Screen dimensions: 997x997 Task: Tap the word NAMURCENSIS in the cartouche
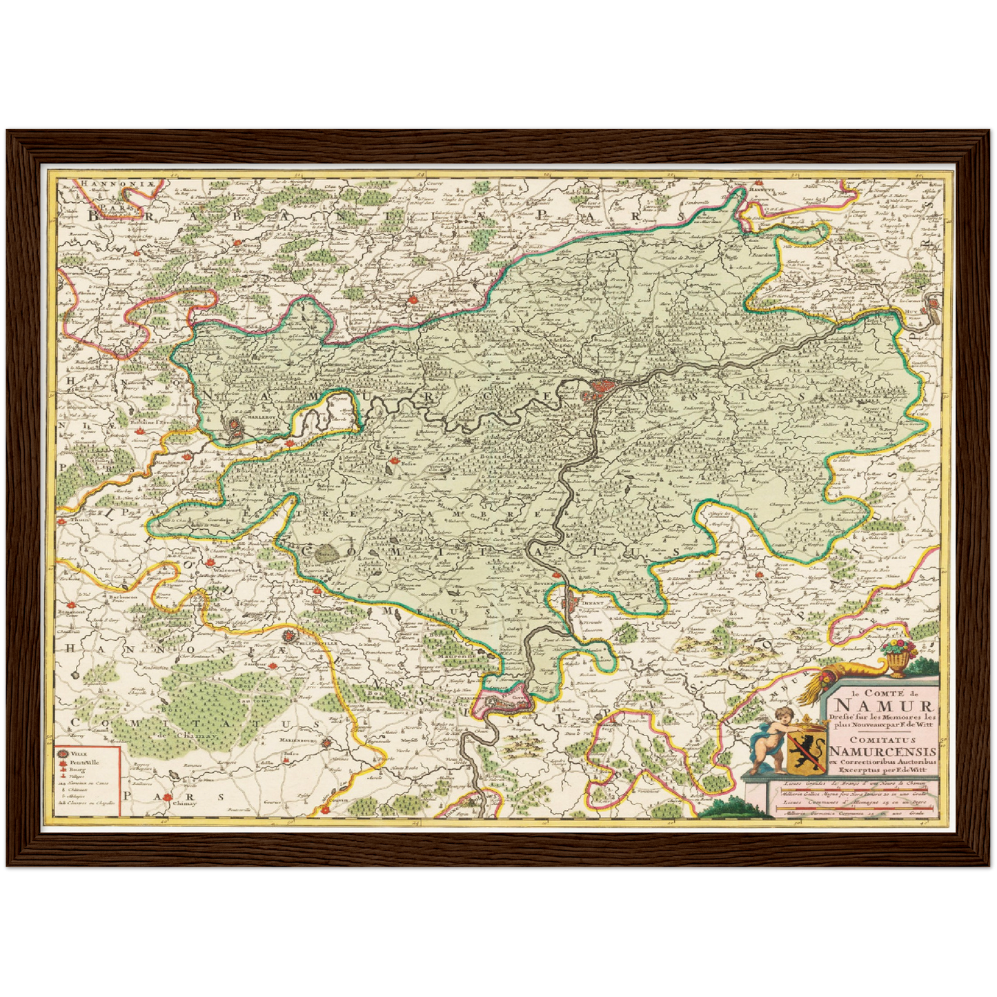pyautogui.click(x=883, y=751)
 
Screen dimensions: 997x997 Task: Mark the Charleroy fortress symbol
pyautogui.click(x=235, y=428)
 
